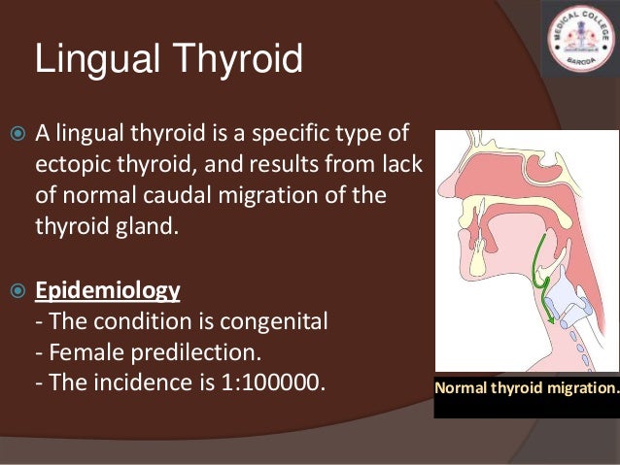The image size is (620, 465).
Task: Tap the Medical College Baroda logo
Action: click(x=579, y=38)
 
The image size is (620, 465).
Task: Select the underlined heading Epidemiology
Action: click(x=108, y=290)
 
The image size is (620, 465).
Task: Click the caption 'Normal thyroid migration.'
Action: click(x=526, y=388)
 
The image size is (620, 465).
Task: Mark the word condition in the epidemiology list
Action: click(x=129, y=321)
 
